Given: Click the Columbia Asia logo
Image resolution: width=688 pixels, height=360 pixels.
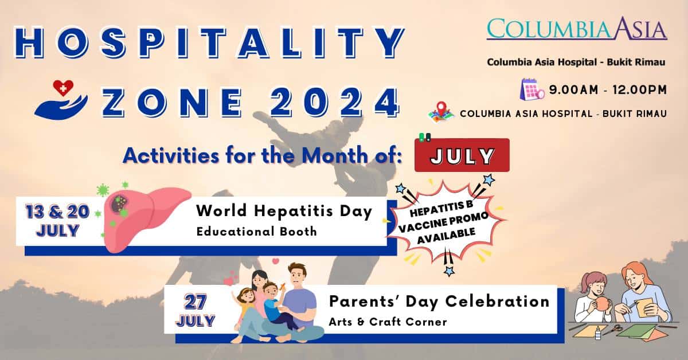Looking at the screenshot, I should pyautogui.click(x=577, y=29).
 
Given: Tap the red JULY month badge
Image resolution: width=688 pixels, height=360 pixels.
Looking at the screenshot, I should pyautogui.click(x=462, y=156).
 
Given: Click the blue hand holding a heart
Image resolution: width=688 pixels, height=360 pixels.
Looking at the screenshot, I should pyautogui.click(x=61, y=100).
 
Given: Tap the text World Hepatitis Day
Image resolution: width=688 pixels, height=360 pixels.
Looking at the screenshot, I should pyautogui.click(x=284, y=212).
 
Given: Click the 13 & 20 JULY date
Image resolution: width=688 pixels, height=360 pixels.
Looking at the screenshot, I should pyautogui.click(x=57, y=221).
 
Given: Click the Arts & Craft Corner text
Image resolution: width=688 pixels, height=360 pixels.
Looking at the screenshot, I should pyautogui.click(x=388, y=322).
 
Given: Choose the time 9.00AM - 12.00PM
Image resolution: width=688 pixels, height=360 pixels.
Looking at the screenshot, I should pyautogui.click(x=607, y=89).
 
